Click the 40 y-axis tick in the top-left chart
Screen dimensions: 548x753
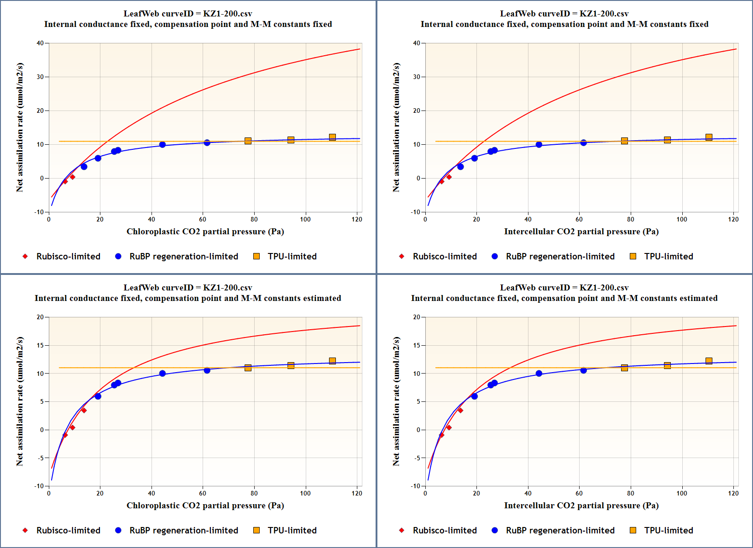click(x=40, y=43)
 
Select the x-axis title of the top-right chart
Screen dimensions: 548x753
click(x=581, y=232)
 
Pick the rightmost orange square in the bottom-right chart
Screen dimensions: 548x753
click(x=709, y=361)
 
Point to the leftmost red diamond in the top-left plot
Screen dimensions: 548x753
click(x=65, y=181)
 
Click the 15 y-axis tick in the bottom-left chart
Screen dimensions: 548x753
click(x=40, y=345)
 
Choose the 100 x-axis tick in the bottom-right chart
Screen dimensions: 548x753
click(x=682, y=493)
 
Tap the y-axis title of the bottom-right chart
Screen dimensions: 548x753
click(x=396, y=401)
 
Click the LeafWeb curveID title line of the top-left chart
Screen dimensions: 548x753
click(x=188, y=14)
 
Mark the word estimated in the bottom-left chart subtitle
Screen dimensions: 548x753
click(x=319, y=298)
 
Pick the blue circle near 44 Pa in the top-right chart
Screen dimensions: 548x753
click(x=539, y=145)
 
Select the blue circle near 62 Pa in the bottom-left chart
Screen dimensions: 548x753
click(x=207, y=370)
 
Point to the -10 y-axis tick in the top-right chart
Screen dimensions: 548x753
click(x=415, y=212)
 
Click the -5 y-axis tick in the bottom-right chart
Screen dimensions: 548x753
click(x=416, y=458)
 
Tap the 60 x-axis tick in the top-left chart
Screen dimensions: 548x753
click(x=203, y=219)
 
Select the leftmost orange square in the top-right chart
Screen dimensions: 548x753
click(x=624, y=141)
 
